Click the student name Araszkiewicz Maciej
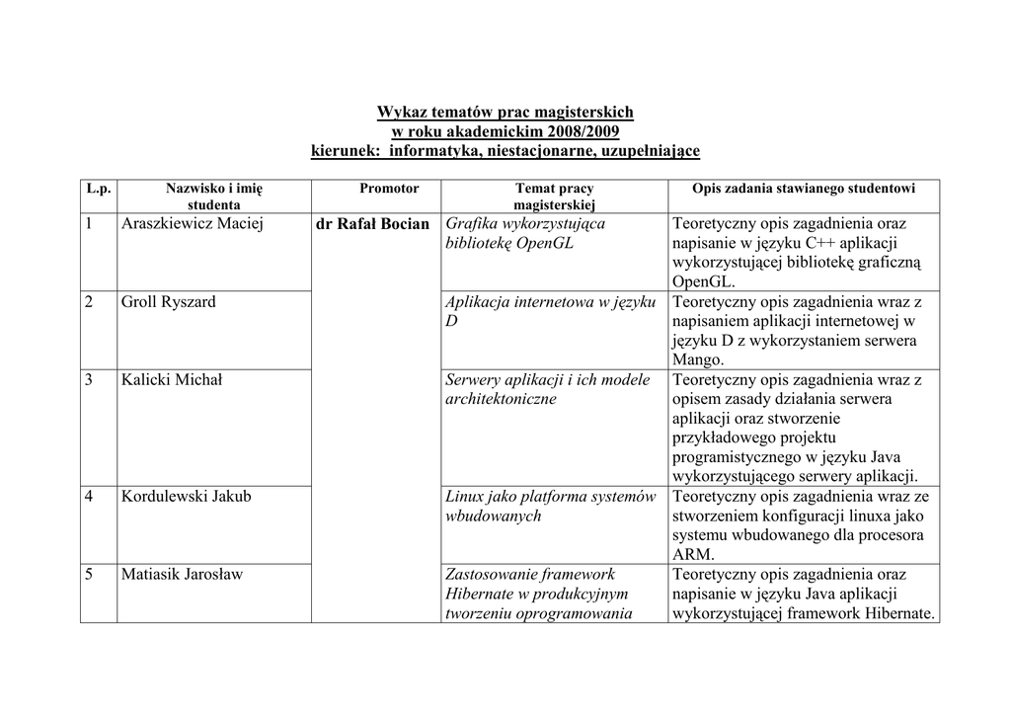[x=193, y=224]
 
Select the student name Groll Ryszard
[x=168, y=302]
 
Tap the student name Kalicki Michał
[x=172, y=380]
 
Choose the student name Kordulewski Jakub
[x=187, y=497]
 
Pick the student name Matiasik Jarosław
[x=183, y=575]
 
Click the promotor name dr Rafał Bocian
[x=372, y=224]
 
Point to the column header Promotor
[x=389, y=188]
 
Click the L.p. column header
[x=99, y=188]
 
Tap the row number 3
[x=89, y=380]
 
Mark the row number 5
[x=89, y=575]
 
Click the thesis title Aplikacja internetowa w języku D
[x=550, y=312]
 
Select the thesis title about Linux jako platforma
[x=550, y=506]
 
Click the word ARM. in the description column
[x=691, y=555]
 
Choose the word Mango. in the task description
[x=698, y=360]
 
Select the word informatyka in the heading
[x=432, y=151]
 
